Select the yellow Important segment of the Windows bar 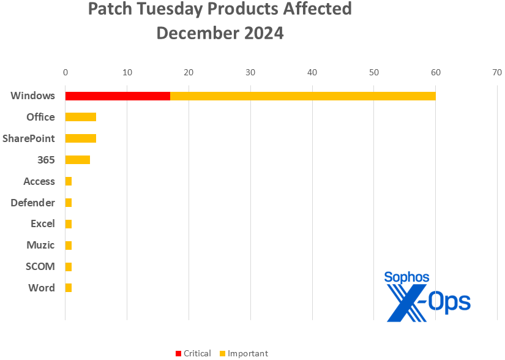(302, 96)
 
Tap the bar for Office (81, 117)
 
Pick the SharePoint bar (81, 138)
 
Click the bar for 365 (78, 160)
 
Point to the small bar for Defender (69, 203)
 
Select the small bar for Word (69, 288)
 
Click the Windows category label (32, 96)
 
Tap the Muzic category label (40, 245)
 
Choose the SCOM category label (40, 266)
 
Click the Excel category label (42, 223)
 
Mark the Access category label (39, 181)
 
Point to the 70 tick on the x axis (496, 72)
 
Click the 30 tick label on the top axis (250, 72)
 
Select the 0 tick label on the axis (65, 72)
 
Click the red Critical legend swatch (179, 354)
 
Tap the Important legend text (247, 353)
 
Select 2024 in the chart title (260, 32)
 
